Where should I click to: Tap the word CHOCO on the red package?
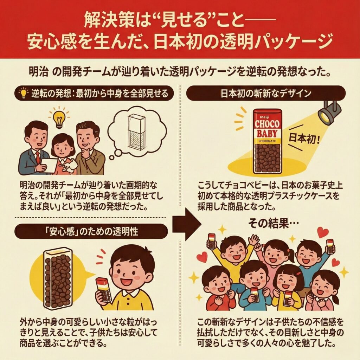267,124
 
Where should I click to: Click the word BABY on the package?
267,133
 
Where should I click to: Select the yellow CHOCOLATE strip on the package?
267,141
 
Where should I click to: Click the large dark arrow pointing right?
187,224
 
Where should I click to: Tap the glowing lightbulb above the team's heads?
59,120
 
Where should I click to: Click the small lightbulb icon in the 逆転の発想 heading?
24,93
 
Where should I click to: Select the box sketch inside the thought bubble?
136,132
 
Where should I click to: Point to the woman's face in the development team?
62,147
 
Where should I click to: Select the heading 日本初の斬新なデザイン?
266,93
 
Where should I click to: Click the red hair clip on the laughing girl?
298,274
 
